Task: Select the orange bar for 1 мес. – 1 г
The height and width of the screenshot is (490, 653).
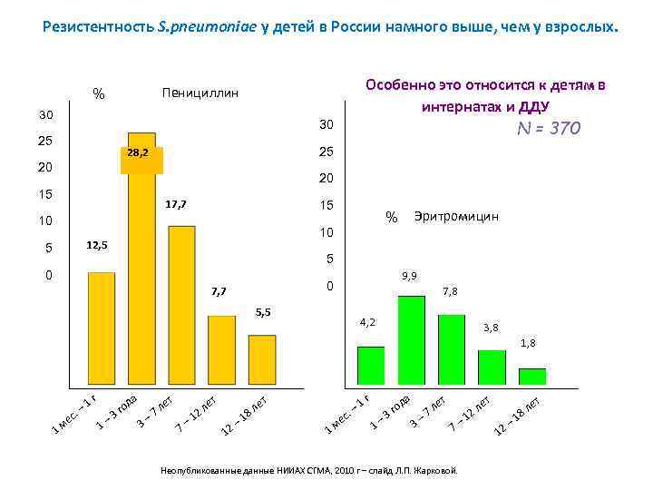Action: point(102,327)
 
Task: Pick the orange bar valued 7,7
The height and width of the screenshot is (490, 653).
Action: point(221,348)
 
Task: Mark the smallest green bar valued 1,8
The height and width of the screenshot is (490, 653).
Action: point(531,376)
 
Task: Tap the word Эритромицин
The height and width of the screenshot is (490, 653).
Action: point(456,217)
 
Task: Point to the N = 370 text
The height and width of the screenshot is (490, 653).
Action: point(548,129)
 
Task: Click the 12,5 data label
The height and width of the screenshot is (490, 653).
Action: point(96,245)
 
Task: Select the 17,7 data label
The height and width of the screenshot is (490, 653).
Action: point(176,205)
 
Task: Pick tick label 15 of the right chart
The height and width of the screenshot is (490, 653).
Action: point(326,207)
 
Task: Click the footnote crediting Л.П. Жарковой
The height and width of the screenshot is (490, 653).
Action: point(315,470)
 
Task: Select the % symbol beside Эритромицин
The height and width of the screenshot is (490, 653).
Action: point(392,218)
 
